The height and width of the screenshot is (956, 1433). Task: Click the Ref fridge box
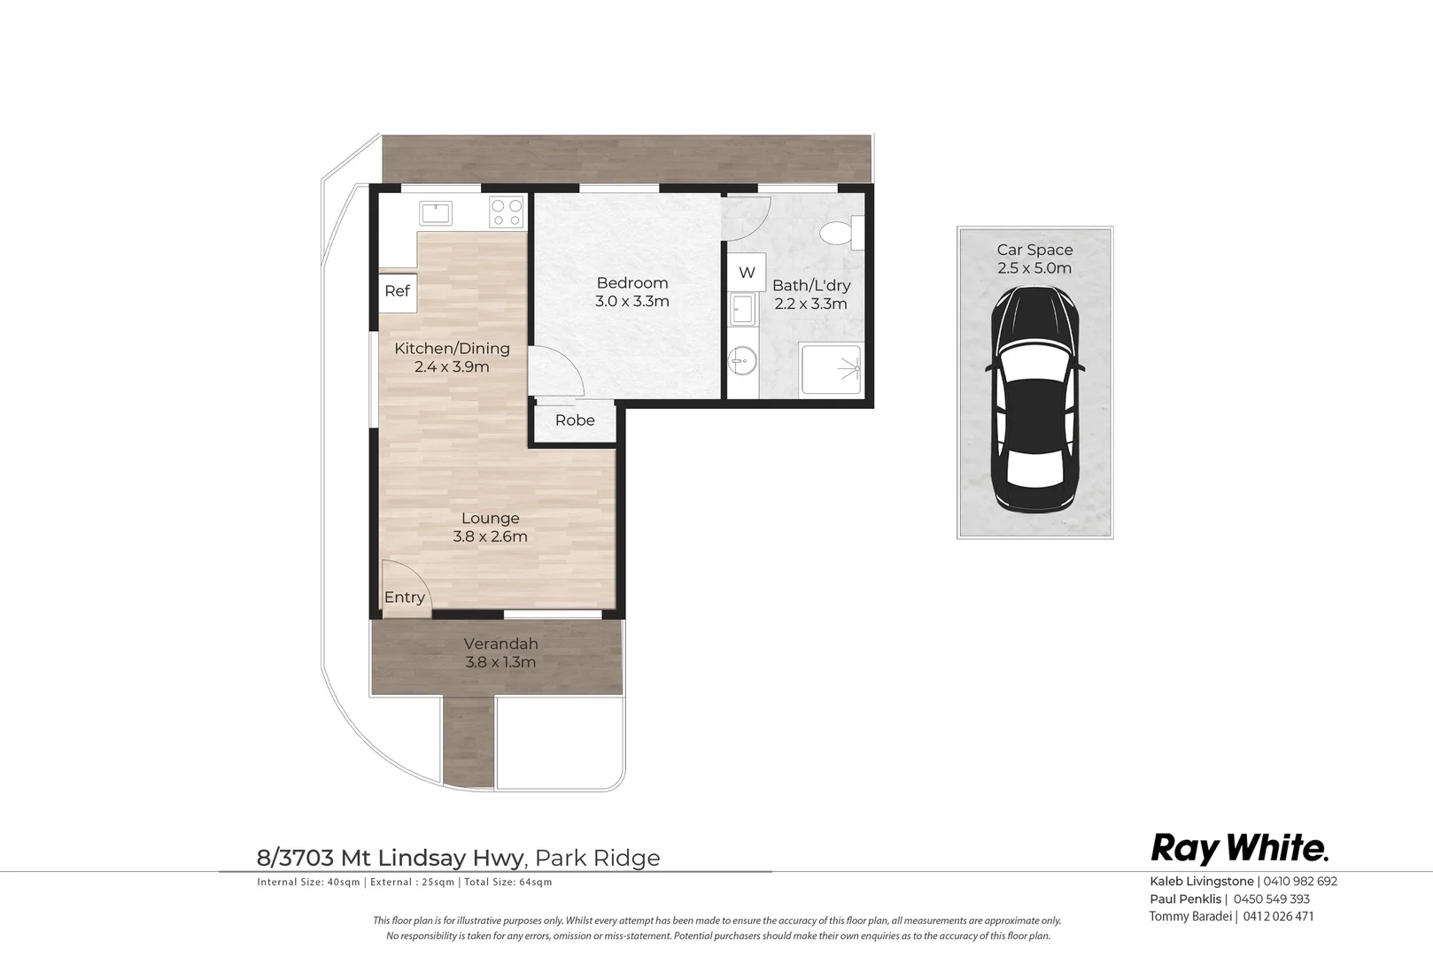point(398,293)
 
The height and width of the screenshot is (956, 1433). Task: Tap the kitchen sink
point(436,213)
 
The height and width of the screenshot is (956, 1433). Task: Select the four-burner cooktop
point(506,212)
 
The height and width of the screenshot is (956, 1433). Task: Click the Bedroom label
point(632,282)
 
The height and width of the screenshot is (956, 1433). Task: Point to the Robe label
point(575,420)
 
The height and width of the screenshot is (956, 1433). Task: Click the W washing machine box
point(747,272)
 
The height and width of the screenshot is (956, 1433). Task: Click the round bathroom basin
point(742,363)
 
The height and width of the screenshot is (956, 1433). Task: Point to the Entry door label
point(405,597)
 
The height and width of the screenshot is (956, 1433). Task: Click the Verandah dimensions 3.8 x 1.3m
point(500,662)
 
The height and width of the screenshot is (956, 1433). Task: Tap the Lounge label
point(491,518)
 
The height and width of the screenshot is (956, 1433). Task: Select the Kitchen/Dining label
point(452,349)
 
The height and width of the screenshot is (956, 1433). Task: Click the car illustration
point(1034,400)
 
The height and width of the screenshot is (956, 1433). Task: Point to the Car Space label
point(1034,250)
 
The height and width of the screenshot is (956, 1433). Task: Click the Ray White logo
point(1240,849)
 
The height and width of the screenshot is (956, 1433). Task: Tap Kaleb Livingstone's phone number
point(1300,881)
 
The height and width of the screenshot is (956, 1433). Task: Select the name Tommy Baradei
point(1190,916)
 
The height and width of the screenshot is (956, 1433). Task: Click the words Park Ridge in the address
point(598,858)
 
